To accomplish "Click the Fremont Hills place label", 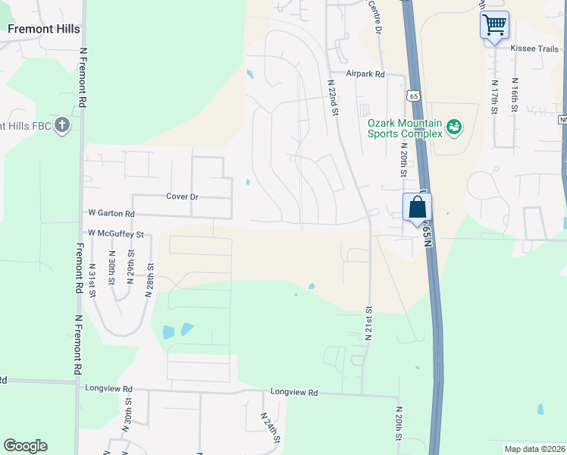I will pyautogui.click(x=43, y=29).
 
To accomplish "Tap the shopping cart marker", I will pyautogui.click(x=494, y=25).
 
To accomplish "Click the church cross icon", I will pyautogui.click(x=62, y=125).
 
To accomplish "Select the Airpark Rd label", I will pyautogui.click(x=365, y=74).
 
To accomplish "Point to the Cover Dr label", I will pyautogui.click(x=182, y=196).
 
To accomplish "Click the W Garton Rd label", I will pyautogui.click(x=111, y=215).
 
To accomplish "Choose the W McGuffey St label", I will pyautogui.click(x=115, y=234).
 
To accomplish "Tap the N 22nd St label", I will pyautogui.click(x=332, y=97).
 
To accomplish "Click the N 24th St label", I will pyautogui.click(x=270, y=428).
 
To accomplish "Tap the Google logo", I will pyautogui.click(x=25, y=446).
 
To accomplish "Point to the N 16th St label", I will pyautogui.click(x=514, y=96).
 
